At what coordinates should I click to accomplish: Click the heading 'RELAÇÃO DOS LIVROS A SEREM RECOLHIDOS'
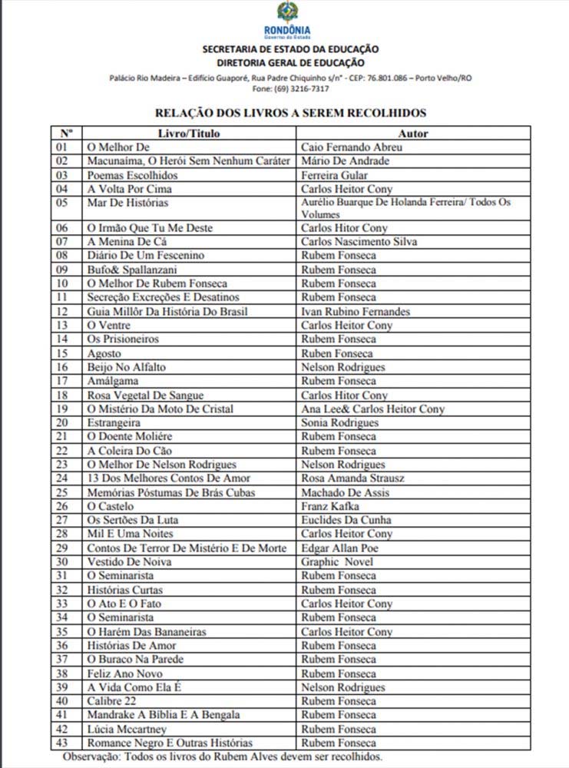(290, 113)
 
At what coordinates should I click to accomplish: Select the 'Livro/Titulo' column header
(188, 134)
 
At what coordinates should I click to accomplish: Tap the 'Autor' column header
(413, 134)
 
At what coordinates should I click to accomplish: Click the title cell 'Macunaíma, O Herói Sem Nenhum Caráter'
(188, 161)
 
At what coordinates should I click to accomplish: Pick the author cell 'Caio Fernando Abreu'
(352, 147)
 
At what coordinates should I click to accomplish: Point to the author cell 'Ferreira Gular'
(339, 175)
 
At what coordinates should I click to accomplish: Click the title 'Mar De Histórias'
(127, 203)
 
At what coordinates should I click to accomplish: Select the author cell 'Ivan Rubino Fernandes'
(356, 312)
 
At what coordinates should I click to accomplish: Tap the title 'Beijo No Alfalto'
(126, 367)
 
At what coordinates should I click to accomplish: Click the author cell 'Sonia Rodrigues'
(340, 422)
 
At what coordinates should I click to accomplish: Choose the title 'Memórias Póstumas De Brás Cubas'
(170, 492)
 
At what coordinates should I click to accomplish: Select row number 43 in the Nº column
(63, 743)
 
